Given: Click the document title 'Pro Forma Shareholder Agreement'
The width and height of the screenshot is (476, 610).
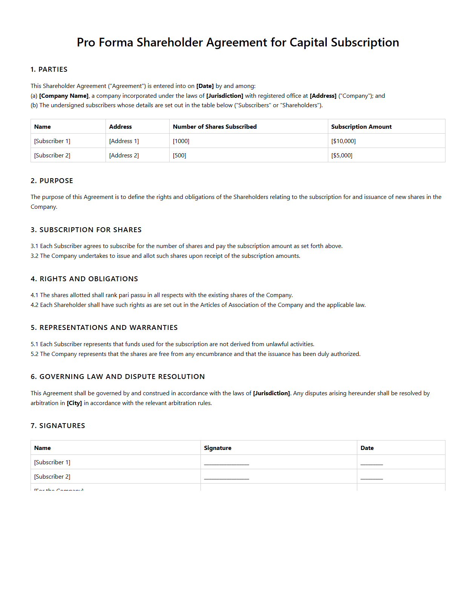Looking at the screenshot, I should click(x=238, y=42).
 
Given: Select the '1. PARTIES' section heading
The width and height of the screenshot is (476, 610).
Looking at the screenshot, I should click(x=49, y=69).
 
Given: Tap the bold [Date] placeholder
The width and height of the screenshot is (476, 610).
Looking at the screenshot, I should click(x=205, y=86).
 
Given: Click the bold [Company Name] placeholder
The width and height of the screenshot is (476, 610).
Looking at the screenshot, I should click(x=64, y=96).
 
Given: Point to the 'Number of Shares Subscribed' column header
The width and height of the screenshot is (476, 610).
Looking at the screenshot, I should click(x=214, y=127).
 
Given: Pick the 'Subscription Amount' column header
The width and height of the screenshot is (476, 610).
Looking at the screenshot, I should click(x=361, y=127).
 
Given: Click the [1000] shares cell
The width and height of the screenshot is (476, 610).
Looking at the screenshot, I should click(x=181, y=141).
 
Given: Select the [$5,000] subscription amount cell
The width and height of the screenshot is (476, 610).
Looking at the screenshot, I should click(x=341, y=156).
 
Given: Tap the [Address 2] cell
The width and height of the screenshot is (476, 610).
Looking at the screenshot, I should click(x=124, y=156).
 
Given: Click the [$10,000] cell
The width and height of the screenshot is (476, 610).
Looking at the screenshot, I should click(x=343, y=141).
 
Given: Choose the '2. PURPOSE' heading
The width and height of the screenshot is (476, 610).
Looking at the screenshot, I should click(x=52, y=181).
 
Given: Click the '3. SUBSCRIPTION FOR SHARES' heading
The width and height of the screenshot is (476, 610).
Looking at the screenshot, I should click(x=86, y=230).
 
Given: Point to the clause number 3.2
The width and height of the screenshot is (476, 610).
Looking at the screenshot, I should click(x=34, y=256).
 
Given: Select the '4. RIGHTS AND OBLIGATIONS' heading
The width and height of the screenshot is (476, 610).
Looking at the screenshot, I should click(x=84, y=279).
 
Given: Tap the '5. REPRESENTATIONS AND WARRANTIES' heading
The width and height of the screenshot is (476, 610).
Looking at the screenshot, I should click(x=104, y=328).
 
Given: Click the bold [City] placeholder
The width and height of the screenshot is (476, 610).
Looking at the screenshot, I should click(x=74, y=403).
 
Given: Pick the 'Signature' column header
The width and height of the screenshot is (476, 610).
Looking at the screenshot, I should click(x=217, y=448).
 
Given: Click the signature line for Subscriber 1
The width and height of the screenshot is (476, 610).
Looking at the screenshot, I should click(x=227, y=464).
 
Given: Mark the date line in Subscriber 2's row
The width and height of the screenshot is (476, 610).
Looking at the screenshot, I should click(x=372, y=478).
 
